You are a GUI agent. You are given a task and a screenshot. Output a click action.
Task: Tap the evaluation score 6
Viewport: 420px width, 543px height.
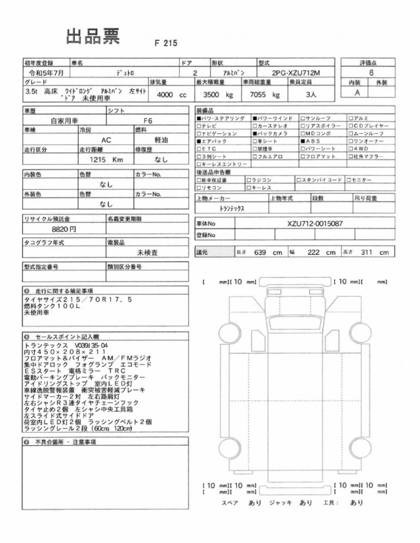372,74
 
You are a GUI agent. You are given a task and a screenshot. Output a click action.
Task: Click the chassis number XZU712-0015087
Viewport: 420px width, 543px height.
306,225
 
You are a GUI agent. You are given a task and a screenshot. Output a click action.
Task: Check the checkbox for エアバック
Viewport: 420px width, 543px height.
199,141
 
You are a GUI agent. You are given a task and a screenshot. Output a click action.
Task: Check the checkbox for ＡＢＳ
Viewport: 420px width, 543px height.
303,141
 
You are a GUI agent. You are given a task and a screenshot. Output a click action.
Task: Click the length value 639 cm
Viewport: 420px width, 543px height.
272,252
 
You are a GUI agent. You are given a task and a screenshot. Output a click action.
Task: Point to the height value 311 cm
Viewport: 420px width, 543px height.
377,252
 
